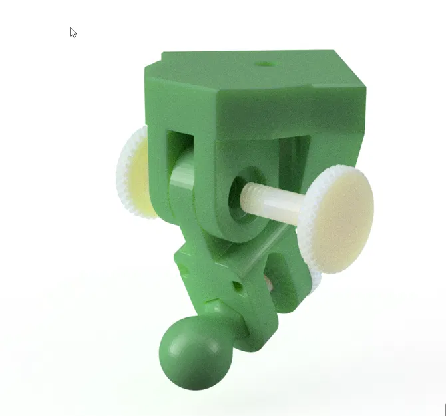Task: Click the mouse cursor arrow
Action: pyautogui.click(x=73, y=32)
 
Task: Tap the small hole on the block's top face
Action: pyautogui.click(x=265, y=64)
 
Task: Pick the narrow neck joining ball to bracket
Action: pyautogui.click(x=223, y=318)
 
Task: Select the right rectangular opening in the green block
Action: pyautogui.click(x=293, y=160)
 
